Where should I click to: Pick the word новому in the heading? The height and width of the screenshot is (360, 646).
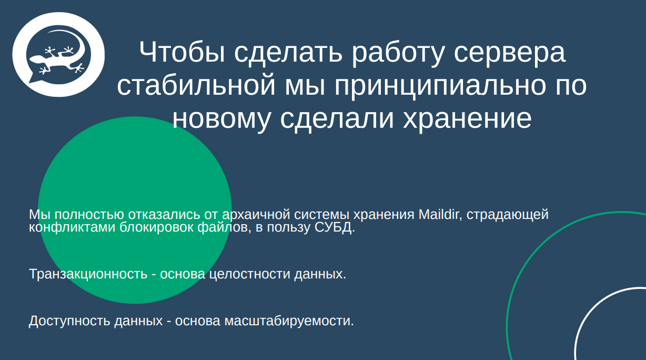(220, 119)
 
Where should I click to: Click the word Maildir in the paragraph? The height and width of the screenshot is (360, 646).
(440, 215)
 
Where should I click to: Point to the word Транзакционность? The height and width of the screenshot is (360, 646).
(88, 274)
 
